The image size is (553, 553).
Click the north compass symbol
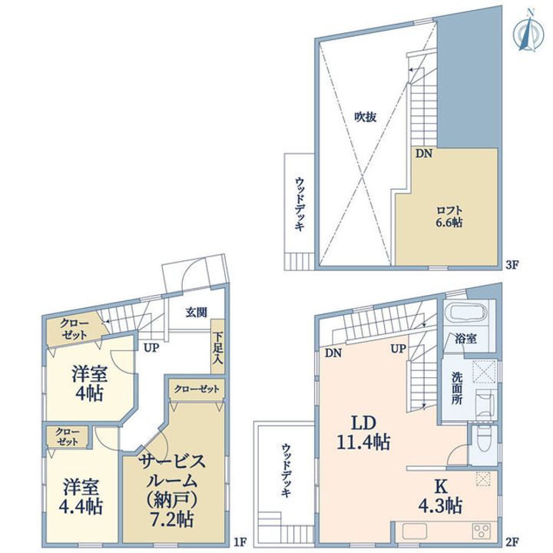click(528, 30)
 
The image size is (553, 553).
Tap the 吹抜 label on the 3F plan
click(366, 117)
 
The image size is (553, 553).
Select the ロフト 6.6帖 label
click(449, 216)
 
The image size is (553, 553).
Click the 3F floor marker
click(512, 265)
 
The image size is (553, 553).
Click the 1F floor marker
click(240, 541)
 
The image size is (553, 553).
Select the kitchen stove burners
click(482, 531)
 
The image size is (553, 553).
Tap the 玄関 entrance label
click(197, 312)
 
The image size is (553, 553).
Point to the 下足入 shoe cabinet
click(217, 347)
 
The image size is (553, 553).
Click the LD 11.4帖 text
click(363, 432)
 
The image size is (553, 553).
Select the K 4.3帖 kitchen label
click(441, 497)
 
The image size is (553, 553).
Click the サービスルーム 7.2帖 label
click(171, 490)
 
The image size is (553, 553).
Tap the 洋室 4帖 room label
click(89, 384)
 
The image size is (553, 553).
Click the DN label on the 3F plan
click(423, 154)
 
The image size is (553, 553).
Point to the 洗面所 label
click(458, 389)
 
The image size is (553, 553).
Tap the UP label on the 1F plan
click(151, 348)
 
